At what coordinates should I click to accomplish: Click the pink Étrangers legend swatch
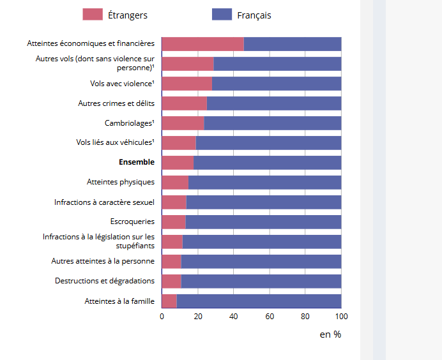tap(93, 15)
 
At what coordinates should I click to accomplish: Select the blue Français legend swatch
tap(222, 15)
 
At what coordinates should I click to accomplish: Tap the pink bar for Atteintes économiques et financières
tap(202, 43)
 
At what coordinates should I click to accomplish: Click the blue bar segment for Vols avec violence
tap(276, 84)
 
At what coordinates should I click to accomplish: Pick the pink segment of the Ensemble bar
tap(178, 162)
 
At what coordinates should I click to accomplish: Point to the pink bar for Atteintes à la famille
tap(169, 301)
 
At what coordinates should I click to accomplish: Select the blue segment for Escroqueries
tap(263, 221)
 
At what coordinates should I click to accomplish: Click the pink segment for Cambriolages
tap(183, 123)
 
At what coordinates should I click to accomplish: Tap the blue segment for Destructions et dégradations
tap(261, 281)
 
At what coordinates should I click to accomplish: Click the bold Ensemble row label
tap(137, 162)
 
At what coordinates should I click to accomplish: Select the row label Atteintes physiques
tap(121, 182)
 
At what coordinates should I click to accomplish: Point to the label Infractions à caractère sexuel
tap(104, 202)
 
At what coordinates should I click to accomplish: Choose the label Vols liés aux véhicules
tap(115, 142)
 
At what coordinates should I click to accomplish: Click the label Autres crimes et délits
tap(116, 103)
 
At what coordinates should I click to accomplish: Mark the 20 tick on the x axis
tap(197, 317)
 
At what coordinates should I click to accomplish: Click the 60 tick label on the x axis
tap(270, 317)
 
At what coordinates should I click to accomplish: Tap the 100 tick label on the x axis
tap(341, 317)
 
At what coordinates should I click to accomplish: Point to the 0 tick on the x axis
tap(162, 317)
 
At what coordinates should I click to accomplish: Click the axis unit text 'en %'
tap(330, 334)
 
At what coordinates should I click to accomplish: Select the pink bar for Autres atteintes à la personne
tap(171, 261)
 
